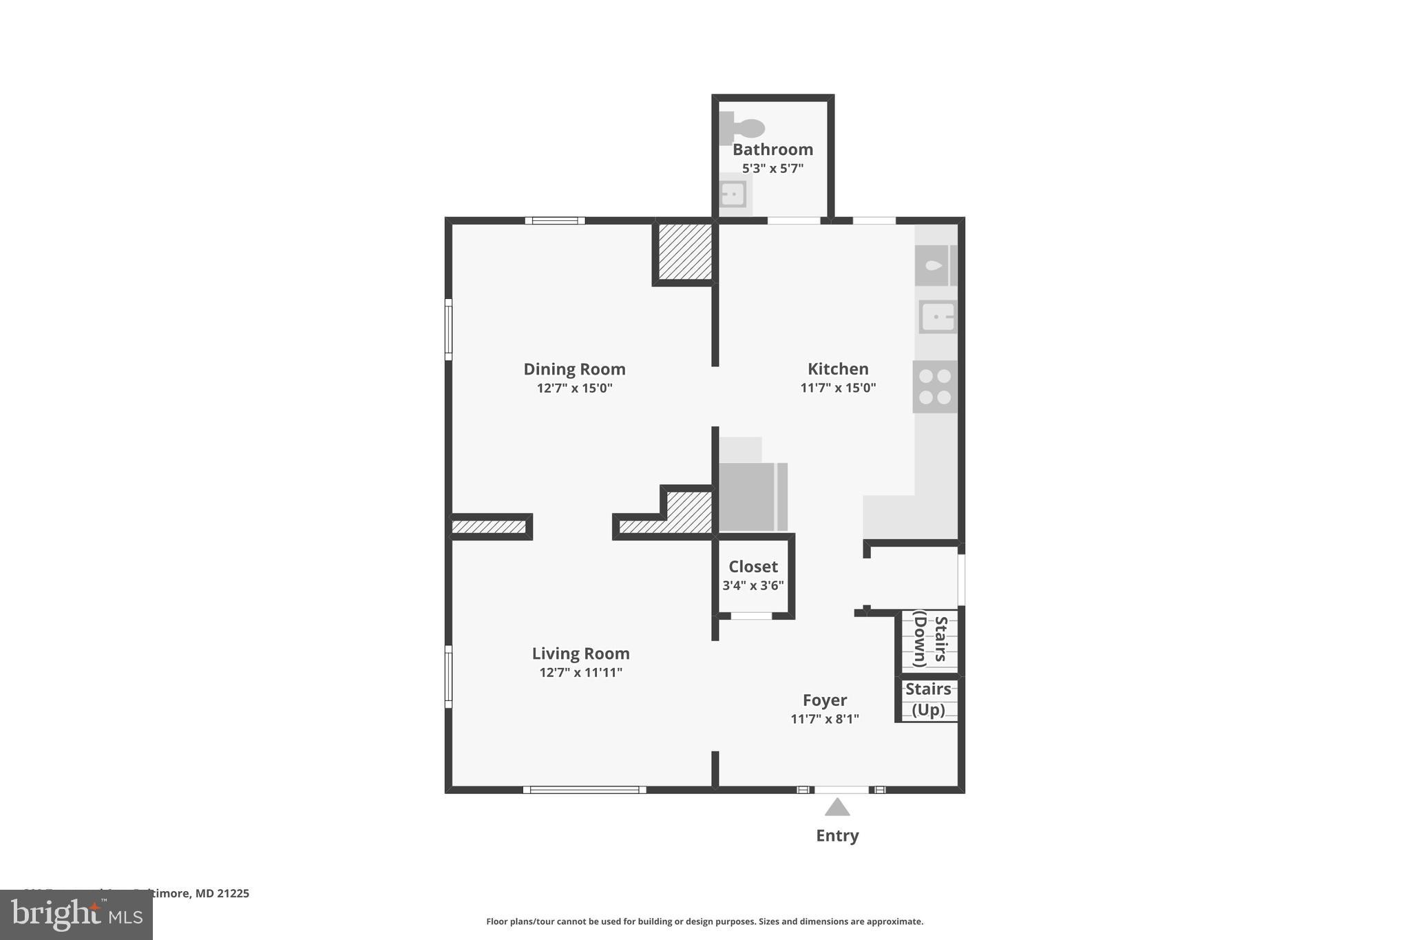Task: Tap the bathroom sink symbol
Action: point(733,194)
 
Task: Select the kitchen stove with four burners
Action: point(935,387)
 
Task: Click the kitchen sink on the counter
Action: point(937,317)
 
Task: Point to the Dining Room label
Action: point(574,369)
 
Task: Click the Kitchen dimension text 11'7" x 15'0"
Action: point(838,388)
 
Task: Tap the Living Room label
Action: point(580,654)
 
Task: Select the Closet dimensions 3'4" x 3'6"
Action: point(753,586)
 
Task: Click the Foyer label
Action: point(824,700)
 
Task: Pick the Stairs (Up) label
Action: point(928,699)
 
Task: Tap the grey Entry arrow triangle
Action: point(837,808)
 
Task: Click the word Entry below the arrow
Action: point(837,836)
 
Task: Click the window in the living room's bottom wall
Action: point(585,790)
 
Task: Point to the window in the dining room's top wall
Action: point(555,221)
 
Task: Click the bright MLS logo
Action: point(76,915)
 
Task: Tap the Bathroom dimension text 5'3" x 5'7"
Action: point(772,169)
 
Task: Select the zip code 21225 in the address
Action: point(233,894)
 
